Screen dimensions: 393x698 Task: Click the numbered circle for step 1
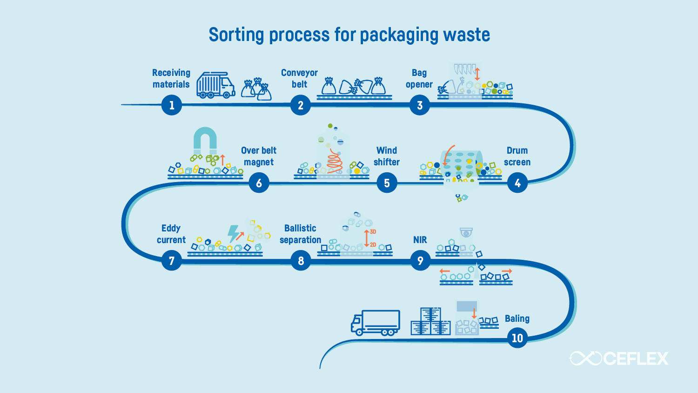click(x=172, y=105)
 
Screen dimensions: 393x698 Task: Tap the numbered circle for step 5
click(x=387, y=183)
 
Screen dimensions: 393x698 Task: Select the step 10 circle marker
click(x=517, y=338)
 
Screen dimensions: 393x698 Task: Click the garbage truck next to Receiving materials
click(x=215, y=85)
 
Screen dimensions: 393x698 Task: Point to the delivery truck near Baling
click(x=375, y=323)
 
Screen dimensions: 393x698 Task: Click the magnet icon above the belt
click(x=205, y=140)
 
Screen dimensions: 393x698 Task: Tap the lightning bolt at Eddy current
click(x=233, y=233)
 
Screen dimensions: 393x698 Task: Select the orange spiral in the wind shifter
click(x=334, y=161)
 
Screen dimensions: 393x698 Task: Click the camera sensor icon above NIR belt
click(x=466, y=232)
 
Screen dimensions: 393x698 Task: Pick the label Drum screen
click(x=517, y=156)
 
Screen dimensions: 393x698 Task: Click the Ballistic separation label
click(x=300, y=234)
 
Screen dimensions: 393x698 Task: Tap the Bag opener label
click(x=419, y=79)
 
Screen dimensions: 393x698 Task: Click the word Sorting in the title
click(x=236, y=35)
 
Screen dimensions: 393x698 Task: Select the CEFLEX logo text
click(x=635, y=359)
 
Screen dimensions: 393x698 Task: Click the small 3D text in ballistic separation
click(x=373, y=232)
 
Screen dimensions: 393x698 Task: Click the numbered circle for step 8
click(x=301, y=261)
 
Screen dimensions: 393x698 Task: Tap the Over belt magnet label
click(x=259, y=156)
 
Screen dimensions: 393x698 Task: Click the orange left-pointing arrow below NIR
click(x=444, y=271)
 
